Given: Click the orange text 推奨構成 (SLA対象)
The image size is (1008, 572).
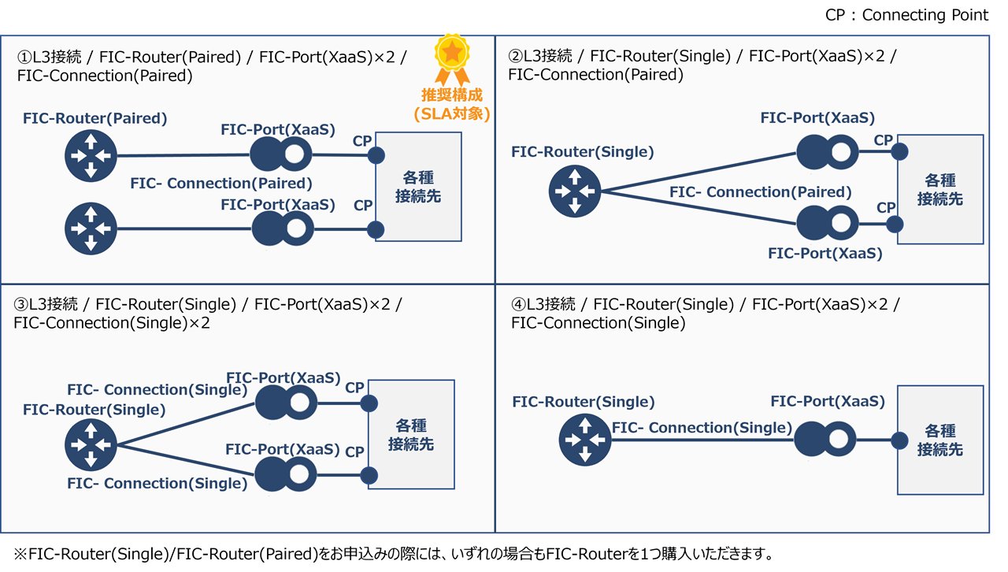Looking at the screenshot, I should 452,105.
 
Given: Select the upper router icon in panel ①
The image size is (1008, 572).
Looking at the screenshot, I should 91,156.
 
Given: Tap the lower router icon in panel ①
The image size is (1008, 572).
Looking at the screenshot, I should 91,228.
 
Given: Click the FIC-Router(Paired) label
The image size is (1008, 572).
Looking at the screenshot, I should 95,119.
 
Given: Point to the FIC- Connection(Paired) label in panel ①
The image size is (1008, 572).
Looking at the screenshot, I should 221,184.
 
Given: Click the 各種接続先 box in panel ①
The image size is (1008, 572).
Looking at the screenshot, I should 418,187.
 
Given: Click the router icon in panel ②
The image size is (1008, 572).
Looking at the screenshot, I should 575,191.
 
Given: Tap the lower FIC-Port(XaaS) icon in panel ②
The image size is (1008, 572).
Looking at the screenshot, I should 827,224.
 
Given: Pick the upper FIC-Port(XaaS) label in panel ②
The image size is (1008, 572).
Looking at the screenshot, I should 817,118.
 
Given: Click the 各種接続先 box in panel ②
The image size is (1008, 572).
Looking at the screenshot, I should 940,189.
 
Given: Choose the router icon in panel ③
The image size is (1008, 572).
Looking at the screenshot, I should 91,445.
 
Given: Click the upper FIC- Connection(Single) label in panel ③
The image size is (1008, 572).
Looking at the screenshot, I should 157,390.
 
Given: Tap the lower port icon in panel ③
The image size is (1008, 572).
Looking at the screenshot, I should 286,475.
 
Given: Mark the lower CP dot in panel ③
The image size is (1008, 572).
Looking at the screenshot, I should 369,475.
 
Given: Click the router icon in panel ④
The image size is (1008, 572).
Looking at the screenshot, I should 585,439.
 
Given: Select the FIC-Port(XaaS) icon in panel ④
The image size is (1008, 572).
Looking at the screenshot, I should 825,439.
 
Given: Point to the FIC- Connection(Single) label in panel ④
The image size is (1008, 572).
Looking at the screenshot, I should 702,428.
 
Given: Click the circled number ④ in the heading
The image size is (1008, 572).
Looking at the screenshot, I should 517,304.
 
